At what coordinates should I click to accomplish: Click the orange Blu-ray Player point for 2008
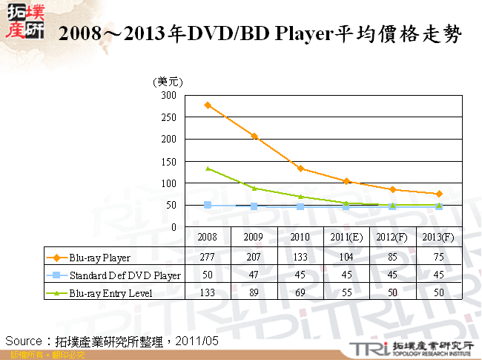coord(208,105)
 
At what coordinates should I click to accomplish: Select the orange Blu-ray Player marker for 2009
coord(254,136)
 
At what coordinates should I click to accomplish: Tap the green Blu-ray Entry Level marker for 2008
coord(208,168)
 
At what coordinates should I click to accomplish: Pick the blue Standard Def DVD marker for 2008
coord(208,205)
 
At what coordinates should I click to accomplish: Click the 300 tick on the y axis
coord(170,96)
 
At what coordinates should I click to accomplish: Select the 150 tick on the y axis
coord(170,161)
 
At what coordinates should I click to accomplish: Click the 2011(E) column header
coord(346,238)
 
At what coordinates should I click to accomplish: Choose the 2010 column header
coord(300,238)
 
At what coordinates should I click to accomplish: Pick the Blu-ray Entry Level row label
coord(110,293)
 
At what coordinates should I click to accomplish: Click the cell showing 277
coord(208,258)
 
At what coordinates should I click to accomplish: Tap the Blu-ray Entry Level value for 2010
coord(300,293)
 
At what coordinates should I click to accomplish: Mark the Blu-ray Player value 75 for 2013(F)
coord(439,258)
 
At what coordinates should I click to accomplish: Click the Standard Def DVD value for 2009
coord(254,275)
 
